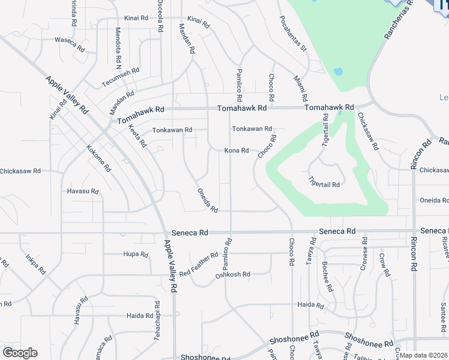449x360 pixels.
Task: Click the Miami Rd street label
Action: [301, 88]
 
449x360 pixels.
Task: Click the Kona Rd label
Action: [237, 151]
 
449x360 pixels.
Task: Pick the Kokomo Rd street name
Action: [98, 158]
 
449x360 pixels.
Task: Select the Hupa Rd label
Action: [135, 254]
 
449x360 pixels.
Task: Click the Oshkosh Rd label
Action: [232, 275]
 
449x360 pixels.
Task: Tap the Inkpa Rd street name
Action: [35, 265]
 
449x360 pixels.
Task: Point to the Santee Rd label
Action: [442, 314]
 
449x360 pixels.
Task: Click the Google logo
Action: [20, 353]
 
